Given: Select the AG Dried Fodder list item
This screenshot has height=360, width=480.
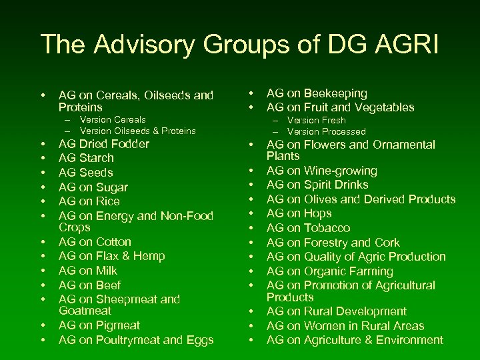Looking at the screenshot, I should coord(103,144).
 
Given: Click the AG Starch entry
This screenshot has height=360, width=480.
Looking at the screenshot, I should coord(86,158).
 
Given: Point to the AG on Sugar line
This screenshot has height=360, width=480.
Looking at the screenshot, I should coord(93,187).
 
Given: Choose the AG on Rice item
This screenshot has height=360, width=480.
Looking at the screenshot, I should coord(89,201).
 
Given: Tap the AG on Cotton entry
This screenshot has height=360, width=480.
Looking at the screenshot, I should coord(95,242).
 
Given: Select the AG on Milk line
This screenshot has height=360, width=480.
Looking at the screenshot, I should coord(87,271).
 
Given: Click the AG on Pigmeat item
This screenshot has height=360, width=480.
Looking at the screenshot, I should coord(99,325).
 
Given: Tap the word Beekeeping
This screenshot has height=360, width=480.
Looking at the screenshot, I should coord(336,93).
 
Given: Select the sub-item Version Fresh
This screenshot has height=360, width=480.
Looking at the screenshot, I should coord(316,121).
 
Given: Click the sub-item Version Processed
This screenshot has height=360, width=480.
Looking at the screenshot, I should coord(326,131).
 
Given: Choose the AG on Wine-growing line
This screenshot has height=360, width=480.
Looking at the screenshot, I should coord(321,171).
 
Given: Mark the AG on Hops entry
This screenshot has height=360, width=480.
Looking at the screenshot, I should coord(299,213).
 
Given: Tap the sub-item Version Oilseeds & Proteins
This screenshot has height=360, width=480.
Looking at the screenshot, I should coord(137,131).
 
